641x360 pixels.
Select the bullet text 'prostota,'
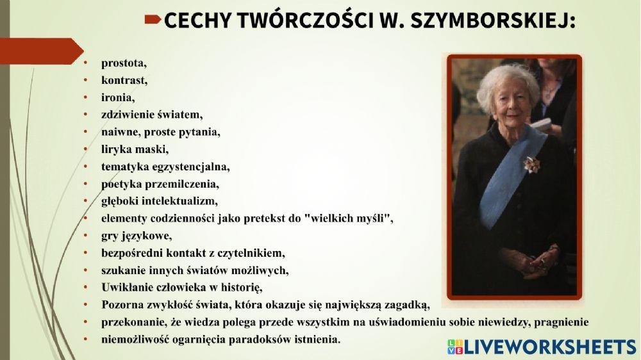point(124,63)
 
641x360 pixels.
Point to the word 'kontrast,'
point(124,81)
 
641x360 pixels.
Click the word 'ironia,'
point(118,98)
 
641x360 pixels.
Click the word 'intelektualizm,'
point(180,201)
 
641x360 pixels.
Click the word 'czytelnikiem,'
point(252,252)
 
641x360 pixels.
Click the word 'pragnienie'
point(560,321)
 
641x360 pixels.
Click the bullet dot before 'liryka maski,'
point(87,150)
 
